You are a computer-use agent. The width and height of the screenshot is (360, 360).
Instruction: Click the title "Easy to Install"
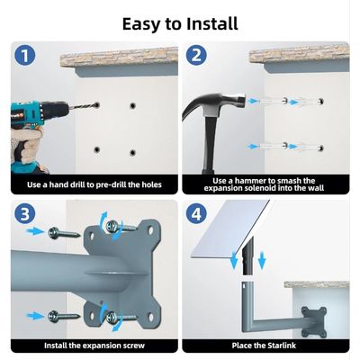tap(180, 23)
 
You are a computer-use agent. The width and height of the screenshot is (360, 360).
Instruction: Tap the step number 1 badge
tap(24, 58)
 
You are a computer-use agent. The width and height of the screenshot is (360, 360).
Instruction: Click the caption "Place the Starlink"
tap(265, 345)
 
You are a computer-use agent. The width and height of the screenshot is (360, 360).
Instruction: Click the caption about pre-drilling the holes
tap(94, 185)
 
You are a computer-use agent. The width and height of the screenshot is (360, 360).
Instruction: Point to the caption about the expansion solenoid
tap(265, 185)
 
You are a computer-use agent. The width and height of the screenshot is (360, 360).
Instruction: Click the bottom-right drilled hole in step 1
tap(133, 150)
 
